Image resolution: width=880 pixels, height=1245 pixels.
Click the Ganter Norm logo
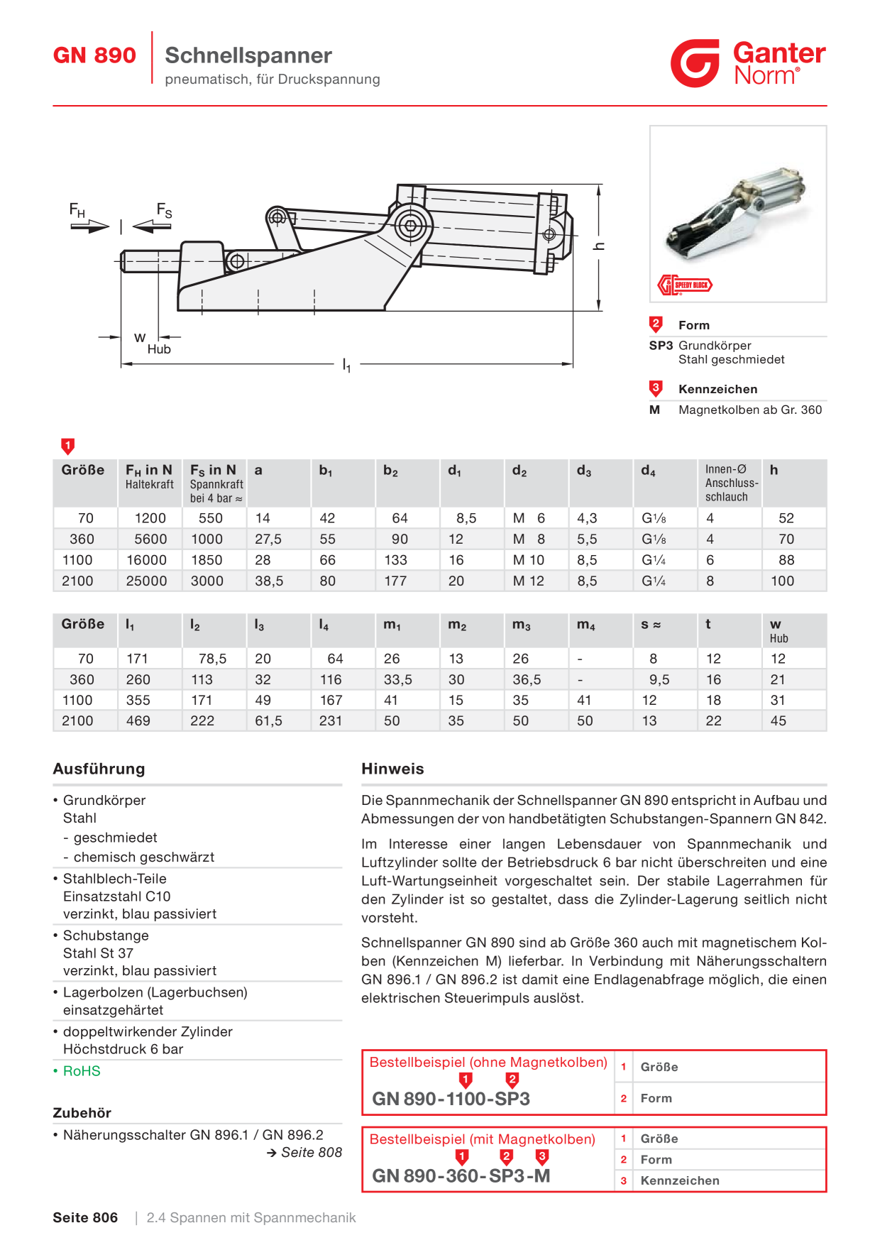(x=748, y=63)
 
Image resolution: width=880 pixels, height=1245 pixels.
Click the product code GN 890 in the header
(x=94, y=55)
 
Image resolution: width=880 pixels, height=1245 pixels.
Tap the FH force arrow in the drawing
(x=90, y=226)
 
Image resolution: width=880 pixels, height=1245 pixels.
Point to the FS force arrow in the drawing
(x=152, y=226)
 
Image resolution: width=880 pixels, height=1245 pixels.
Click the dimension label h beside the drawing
(x=600, y=246)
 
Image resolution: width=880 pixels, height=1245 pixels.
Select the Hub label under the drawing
(x=159, y=349)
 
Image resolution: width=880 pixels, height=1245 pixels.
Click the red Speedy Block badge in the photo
(x=685, y=285)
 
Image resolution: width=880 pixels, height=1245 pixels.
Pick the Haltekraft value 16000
(x=146, y=560)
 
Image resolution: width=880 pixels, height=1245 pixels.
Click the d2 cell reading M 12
(x=529, y=581)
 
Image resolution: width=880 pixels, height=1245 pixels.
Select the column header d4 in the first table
(x=648, y=471)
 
